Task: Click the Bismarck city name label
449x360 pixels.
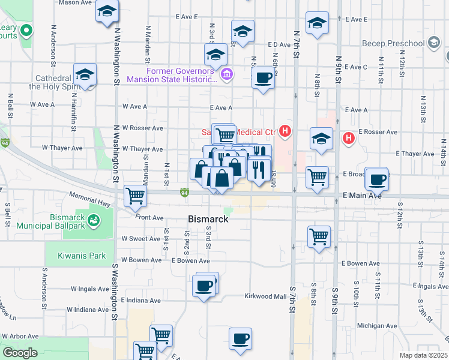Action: coord(208,220)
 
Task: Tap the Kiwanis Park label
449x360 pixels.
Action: coord(82,256)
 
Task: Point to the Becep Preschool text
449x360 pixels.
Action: coord(393,43)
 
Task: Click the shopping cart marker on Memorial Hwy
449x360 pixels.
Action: coord(136,195)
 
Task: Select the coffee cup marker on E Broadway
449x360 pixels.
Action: coord(377,179)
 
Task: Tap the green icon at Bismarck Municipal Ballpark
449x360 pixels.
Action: coord(94,221)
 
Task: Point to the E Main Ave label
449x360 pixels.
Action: coord(363,196)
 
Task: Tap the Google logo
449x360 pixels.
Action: coord(19,353)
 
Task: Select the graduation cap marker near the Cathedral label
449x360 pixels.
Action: coord(85,75)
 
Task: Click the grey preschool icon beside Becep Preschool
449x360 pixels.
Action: coord(434,43)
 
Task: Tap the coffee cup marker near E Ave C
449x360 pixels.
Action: coord(263,77)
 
